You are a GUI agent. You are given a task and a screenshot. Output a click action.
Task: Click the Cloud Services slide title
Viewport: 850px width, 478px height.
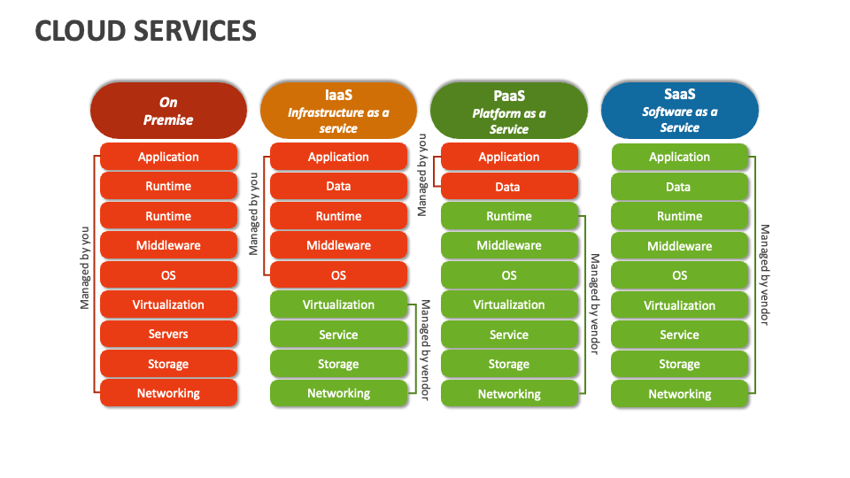pos(146,31)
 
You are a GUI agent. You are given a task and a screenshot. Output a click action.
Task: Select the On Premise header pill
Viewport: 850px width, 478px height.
pos(168,111)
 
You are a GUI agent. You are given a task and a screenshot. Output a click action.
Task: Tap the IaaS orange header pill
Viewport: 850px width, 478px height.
pos(338,111)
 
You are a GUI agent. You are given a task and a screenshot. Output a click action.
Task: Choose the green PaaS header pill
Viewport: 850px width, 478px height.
pos(509,111)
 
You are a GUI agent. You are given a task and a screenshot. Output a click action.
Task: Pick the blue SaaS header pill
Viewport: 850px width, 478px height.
pos(679,111)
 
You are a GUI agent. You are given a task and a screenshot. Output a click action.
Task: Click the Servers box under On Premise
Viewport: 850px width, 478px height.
pos(168,334)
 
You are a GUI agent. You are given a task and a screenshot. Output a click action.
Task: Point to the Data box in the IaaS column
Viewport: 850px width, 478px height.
pos(338,186)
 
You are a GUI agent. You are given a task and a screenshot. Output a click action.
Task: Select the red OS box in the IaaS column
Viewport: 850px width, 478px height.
pos(338,275)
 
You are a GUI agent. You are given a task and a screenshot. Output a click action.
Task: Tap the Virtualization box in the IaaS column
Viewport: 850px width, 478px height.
pos(338,305)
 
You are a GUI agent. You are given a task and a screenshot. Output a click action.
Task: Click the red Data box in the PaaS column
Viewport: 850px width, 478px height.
pos(508,187)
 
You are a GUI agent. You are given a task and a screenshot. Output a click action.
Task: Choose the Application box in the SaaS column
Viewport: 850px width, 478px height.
pos(679,157)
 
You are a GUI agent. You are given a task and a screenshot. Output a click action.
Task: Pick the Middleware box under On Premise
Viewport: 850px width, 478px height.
pos(168,245)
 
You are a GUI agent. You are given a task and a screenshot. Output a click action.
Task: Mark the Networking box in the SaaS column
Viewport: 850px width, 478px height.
pos(679,394)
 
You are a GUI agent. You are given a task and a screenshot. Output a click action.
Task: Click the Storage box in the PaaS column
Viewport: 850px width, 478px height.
pos(508,364)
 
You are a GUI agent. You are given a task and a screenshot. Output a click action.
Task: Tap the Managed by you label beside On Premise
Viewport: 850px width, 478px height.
pos(85,270)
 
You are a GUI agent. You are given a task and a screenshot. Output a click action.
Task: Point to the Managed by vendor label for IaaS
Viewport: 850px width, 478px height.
pos(425,350)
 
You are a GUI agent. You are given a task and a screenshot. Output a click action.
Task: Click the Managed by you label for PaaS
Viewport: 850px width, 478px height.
pos(422,174)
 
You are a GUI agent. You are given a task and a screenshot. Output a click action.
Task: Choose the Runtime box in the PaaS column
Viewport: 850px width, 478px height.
pos(508,216)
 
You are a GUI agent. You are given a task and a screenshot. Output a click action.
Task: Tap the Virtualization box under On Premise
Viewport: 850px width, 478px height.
pos(168,305)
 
